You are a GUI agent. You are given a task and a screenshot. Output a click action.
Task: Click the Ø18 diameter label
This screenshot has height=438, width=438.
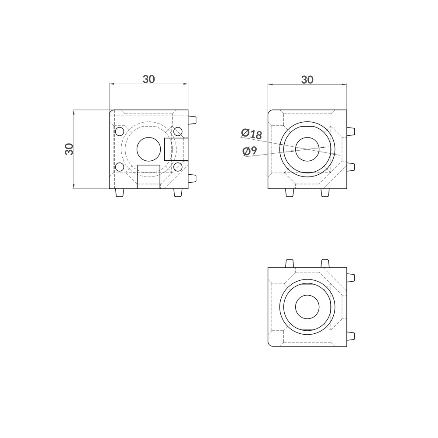click(x=252, y=134)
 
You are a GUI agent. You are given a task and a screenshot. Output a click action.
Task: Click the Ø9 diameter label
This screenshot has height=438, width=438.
click(x=250, y=151)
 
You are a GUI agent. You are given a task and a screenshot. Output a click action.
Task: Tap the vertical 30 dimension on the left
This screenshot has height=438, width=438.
click(x=69, y=149)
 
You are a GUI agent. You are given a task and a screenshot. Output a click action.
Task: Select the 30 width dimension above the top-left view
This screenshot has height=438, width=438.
click(x=148, y=79)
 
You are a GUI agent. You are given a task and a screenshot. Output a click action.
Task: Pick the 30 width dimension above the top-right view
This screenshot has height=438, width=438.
click(x=307, y=80)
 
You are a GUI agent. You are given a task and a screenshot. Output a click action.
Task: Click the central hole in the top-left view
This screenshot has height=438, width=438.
click(x=148, y=149)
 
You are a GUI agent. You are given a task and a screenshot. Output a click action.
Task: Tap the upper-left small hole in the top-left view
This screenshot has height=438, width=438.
click(x=120, y=131)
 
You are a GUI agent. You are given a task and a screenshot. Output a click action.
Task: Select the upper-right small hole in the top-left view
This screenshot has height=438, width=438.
click(x=178, y=131)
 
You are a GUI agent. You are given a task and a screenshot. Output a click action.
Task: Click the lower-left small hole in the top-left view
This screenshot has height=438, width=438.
click(x=120, y=167)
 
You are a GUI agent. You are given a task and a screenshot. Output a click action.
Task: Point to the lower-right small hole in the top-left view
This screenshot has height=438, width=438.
click(x=178, y=167)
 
